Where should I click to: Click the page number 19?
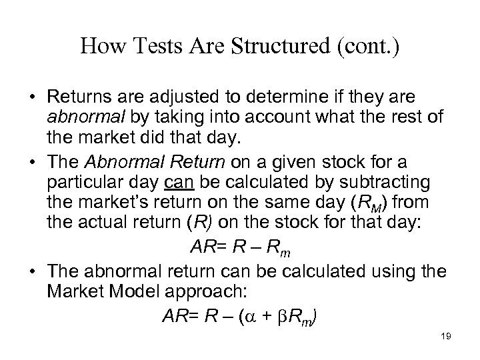[446, 337]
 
